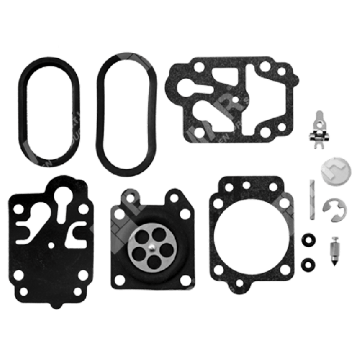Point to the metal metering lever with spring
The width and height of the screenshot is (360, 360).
(322, 131)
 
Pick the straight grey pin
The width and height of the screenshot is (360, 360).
(312, 198)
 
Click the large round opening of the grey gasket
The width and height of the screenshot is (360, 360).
(251, 234)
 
